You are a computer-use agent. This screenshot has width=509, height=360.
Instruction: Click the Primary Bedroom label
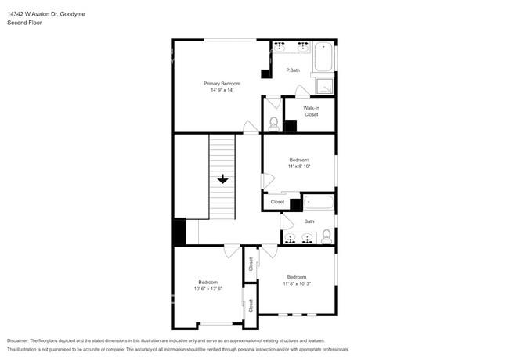(222, 84)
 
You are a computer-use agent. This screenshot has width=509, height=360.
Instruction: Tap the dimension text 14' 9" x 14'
(222, 91)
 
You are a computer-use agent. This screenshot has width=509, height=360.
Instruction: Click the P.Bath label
(293, 71)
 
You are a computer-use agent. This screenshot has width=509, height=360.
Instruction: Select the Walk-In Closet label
(311, 111)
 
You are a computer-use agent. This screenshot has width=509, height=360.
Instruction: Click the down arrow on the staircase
(222, 179)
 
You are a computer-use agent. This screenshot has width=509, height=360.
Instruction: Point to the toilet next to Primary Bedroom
(273, 123)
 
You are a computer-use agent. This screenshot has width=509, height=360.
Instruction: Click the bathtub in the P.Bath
(323, 57)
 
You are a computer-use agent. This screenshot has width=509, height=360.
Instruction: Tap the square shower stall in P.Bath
(323, 85)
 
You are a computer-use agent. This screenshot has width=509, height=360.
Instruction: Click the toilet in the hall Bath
(327, 237)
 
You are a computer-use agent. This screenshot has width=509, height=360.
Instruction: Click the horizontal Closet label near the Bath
(277, 202)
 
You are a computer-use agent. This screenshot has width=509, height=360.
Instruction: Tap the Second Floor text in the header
(24, 23)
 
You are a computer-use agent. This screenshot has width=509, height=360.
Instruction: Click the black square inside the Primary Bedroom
(266, 74)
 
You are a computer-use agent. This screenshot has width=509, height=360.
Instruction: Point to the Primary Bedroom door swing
(250, 127)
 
